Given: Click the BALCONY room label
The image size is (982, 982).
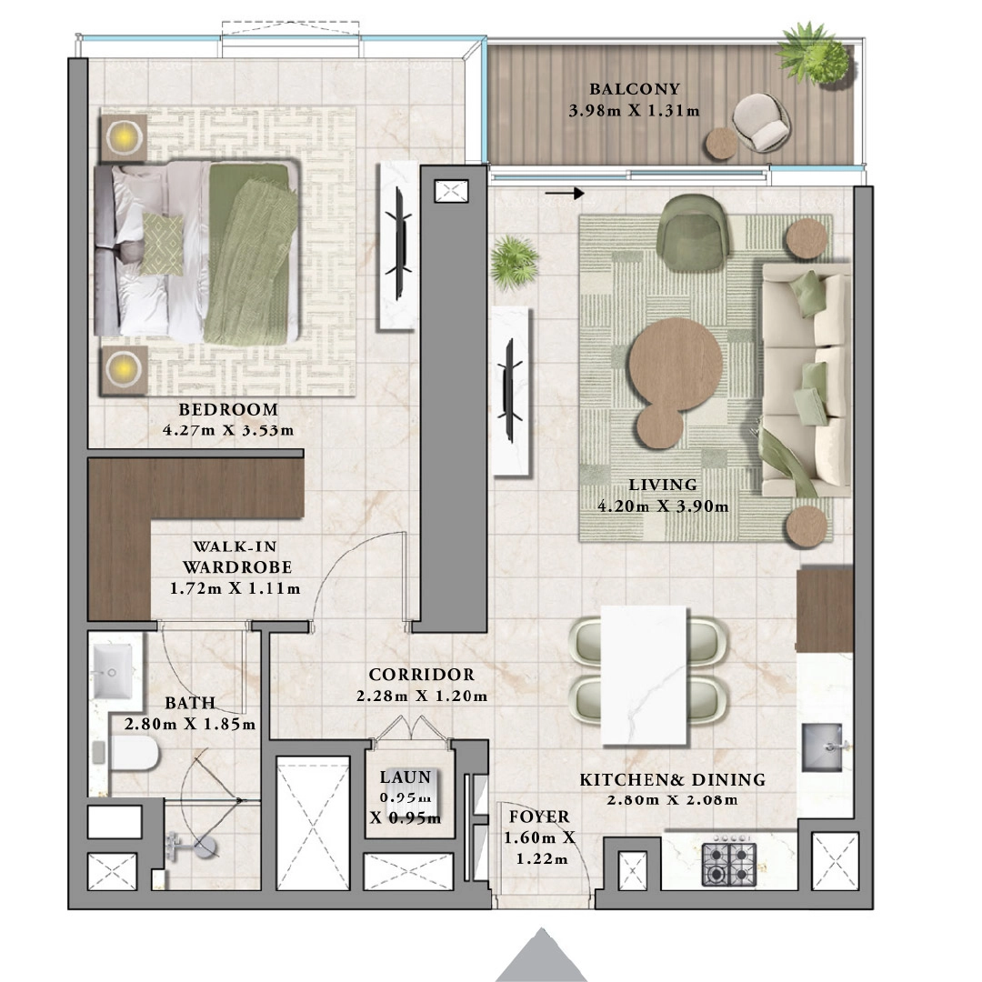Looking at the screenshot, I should click(x=634, y=89).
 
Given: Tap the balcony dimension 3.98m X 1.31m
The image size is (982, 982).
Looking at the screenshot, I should click(x=634, y=111).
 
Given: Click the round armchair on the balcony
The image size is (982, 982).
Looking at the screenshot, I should click(x=760, y=122).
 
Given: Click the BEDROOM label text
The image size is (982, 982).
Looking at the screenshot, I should click(x=227, y=409).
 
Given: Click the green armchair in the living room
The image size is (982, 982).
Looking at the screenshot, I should click(x=695, y=227).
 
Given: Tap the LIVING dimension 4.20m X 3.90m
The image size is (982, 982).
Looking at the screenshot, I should click(x=662, y=506).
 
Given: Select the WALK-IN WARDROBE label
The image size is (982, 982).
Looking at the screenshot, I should click(x=235, y=556).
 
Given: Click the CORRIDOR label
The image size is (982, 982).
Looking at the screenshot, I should click(x=421, y=675).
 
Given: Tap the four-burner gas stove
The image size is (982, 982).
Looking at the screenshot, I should click(x=729, y=864).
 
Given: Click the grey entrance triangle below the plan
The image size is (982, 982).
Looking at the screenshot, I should click(x=541, y=957).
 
